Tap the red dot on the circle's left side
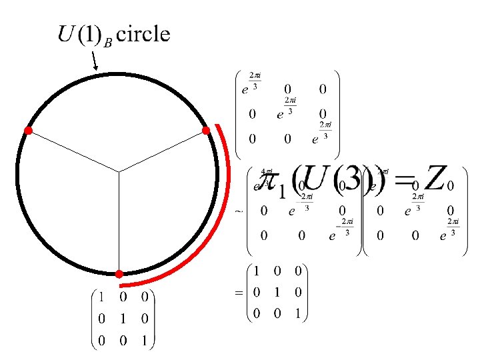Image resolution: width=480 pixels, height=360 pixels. [28, 131]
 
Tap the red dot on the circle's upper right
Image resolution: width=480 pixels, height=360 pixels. [206, 130]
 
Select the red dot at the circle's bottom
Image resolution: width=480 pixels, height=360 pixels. [118, 273]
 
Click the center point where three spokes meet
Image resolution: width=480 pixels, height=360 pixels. [119, 173]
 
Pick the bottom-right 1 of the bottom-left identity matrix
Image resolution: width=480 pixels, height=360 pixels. [145, 341]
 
